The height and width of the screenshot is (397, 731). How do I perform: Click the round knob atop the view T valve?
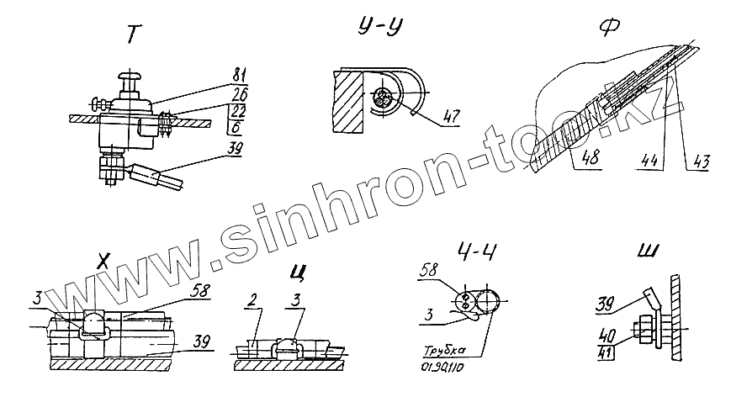pos(131,79)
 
